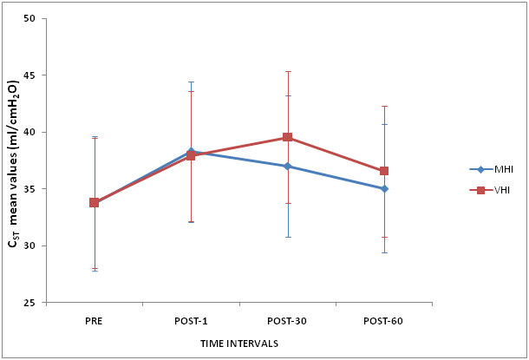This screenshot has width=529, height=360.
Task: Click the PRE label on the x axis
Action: point(94,320)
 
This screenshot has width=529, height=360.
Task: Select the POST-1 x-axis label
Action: point(191,320)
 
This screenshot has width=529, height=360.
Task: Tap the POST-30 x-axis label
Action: point(287,320)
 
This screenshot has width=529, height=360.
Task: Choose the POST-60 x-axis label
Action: point(384,320)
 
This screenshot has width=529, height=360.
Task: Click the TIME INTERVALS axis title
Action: point(238,344)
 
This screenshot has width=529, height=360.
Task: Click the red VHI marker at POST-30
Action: point(287,137)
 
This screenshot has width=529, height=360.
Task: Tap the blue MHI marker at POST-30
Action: point(287,166)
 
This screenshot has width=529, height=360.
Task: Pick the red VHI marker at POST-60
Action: point(384,171)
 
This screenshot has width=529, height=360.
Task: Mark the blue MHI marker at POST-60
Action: point(384,188)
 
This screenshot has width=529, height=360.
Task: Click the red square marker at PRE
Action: point(94,202)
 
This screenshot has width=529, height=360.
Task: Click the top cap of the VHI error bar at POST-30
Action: point(287,71)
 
